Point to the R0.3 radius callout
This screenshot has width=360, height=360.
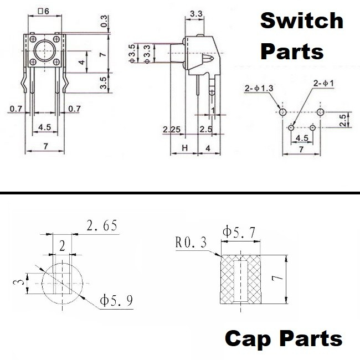(191, 243)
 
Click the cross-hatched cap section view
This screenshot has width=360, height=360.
(241, 279)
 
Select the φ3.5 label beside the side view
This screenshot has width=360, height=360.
(131, 54)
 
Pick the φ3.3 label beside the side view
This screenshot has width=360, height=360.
(147, 54)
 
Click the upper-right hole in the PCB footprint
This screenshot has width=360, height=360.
(320, 112)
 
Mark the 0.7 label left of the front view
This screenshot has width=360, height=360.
(16, 109)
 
